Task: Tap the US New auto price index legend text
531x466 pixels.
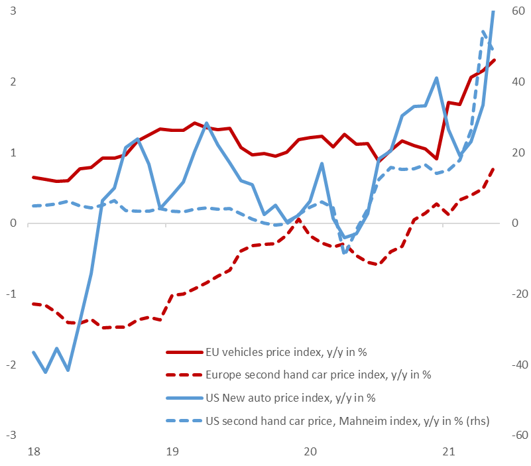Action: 291,398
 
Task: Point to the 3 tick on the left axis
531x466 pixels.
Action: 13,11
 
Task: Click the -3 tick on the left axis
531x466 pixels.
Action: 11,436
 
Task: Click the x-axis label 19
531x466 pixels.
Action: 172,452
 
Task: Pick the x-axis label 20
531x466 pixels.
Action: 310,452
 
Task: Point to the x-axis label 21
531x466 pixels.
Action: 448,452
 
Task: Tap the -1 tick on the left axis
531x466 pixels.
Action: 11,294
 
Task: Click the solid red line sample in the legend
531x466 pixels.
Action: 182,352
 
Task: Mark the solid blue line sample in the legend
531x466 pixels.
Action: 182,398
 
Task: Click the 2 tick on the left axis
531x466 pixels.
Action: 13,82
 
